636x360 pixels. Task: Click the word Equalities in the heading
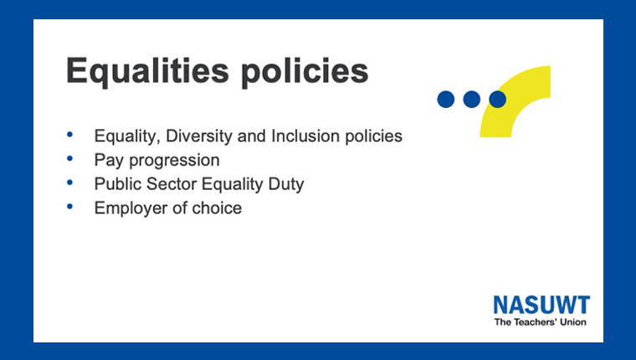[147, 72]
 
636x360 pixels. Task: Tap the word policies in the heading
[305, 72]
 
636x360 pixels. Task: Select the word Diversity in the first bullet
[199, 136]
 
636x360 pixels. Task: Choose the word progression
[174, 161]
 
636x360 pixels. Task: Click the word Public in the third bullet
[118, 184]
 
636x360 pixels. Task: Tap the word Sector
[172, 184]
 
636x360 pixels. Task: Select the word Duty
[286, 185]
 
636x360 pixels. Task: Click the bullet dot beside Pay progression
[69, 158]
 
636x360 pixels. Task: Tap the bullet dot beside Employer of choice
[69, 207]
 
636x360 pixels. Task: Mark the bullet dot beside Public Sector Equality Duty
[69, 183]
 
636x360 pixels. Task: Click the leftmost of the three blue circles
[446, 99]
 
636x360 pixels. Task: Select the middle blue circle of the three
[472, 99]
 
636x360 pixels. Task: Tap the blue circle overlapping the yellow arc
[498, 99]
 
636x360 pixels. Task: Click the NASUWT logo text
[541, 305]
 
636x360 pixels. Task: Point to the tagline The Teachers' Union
[541, 322]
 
